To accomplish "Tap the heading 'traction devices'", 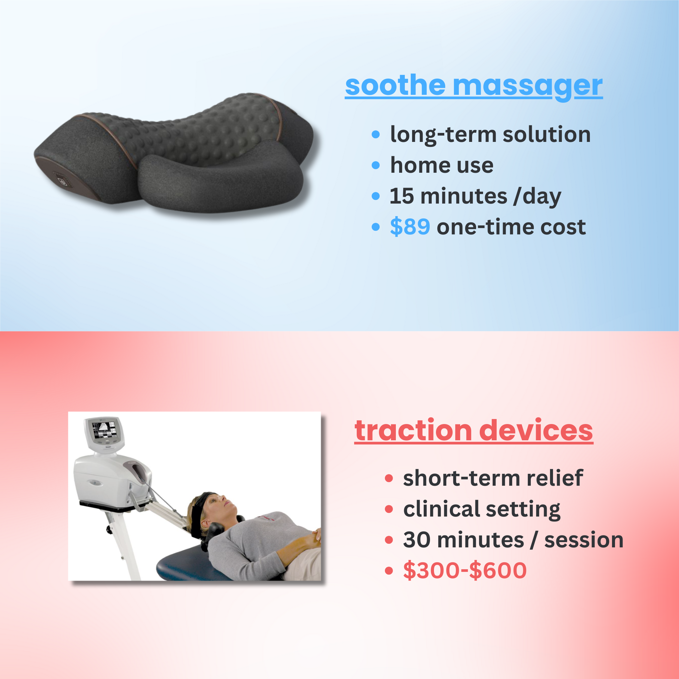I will pyautogui.click(x=473, y=431).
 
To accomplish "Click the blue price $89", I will pyautogui.click(x=410, y=227).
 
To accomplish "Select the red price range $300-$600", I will pyautogui.click(x=464, y=570).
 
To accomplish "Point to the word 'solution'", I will pyautogui.click(x=546, y=134).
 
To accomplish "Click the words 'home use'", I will pyautogui.click(x=442, y=165).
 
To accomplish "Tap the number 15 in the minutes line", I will pyautogui.click(x=402, y=196).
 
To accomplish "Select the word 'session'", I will pyautogui.click(x=584, y=539).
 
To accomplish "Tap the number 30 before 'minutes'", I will pyautogui.click(x=416, y=539).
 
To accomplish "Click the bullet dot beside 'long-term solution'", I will pyautogui.click(x=376, y=134).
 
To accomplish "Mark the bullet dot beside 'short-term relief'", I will pyautogui.click(x=389, y=478).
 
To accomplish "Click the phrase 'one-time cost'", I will pyautogui.click(x=511, y=227).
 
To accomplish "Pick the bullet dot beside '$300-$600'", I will pyautogui.click(x=389, y=570).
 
